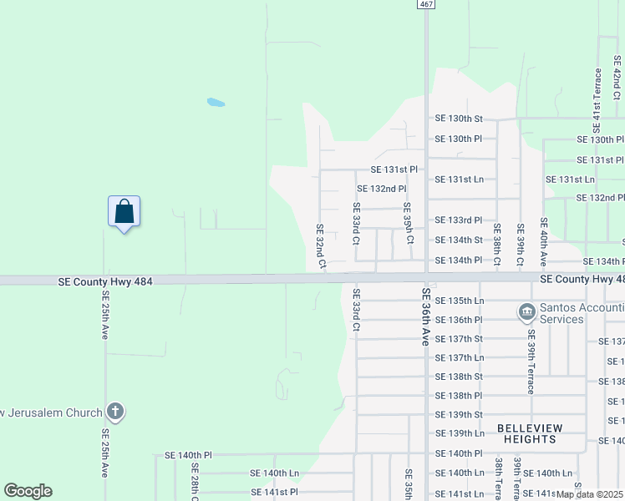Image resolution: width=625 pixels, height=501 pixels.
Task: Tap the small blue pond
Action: click(216, 104)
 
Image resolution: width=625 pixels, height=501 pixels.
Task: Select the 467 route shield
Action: click(426, 4)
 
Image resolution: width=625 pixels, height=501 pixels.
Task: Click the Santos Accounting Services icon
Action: click(526, 313)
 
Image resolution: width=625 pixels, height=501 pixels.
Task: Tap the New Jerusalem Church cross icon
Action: click(115, 412)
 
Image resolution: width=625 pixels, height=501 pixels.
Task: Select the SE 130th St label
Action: click(459, 119)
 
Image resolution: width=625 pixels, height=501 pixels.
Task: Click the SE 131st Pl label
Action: click(394, 170)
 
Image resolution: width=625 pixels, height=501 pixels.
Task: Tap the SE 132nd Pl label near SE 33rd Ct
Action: click(382, 189)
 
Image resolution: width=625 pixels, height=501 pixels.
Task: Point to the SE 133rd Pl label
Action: click(459, 220)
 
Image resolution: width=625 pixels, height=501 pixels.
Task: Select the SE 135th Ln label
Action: click(459, 301)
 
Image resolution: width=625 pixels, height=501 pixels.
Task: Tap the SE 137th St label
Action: click(459, 339)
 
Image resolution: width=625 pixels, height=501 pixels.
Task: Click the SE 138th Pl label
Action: click(459, 396)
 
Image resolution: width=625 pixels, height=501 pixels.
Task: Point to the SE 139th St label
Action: click(459, 415)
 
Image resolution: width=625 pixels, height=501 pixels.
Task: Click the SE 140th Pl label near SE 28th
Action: click(188, 456)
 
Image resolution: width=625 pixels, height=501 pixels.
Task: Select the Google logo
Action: click(28, 491)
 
